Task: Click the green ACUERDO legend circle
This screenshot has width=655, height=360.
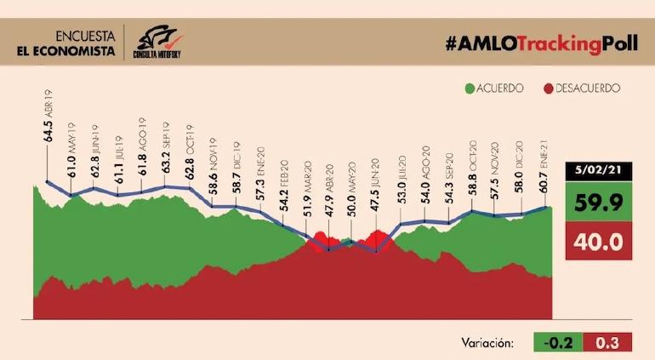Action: click(470, 88)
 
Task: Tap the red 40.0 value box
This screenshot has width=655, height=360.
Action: click(601, 242)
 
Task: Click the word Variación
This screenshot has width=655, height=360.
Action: click(488, 343)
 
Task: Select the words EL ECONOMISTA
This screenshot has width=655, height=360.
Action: click(66, 51)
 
